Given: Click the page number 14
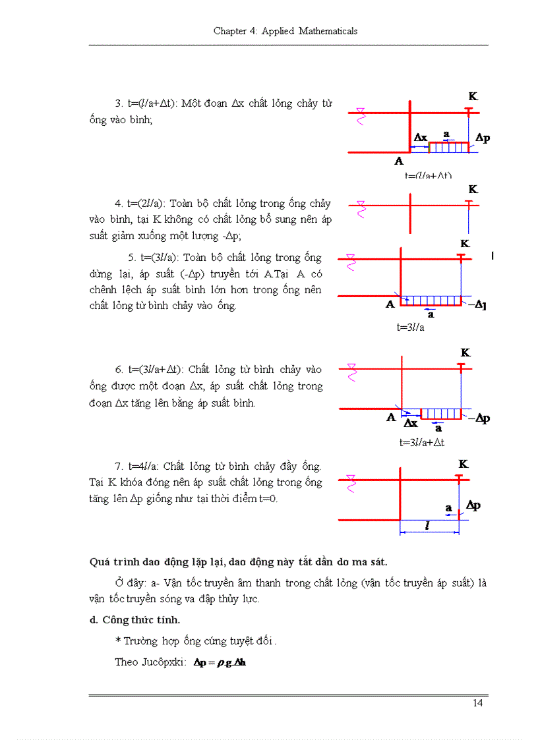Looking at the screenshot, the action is (x=478, y=703).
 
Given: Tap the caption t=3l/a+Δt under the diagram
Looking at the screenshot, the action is (x=421, y=442).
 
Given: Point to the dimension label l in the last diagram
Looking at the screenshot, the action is (x=428, y=526).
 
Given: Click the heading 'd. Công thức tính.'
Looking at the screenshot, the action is (x=134, y=619).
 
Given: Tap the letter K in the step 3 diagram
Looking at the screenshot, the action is (x=473, y=96).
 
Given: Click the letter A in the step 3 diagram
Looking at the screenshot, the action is (x=398, y=161).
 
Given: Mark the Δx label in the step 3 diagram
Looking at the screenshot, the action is (x=420, y=137).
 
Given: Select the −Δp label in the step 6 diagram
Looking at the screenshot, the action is (x=480, y=418).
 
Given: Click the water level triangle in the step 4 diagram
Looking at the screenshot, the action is (x=361, y=204).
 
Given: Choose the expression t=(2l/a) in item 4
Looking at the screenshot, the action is (x=148, y=204).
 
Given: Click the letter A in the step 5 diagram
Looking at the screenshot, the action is (x=390, y=304).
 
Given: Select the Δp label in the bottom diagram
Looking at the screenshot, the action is (x=473, y=505).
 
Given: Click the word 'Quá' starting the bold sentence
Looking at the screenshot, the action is (x=100, y=562).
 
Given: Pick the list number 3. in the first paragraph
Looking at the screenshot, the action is (x=119, y=103).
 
